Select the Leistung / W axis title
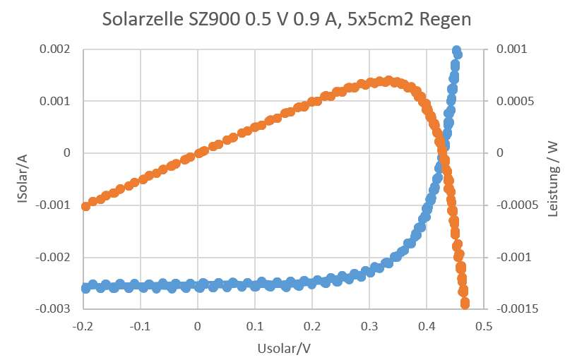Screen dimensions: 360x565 [554, 179]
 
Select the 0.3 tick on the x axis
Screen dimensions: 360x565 [369, 327]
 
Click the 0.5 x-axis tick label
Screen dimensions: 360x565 [484, 327]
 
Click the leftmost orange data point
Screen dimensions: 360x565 [86, 206]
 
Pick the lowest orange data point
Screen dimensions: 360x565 [465, 304]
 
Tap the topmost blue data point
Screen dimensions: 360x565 [456, 52]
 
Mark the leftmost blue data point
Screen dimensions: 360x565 [85, 288]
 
